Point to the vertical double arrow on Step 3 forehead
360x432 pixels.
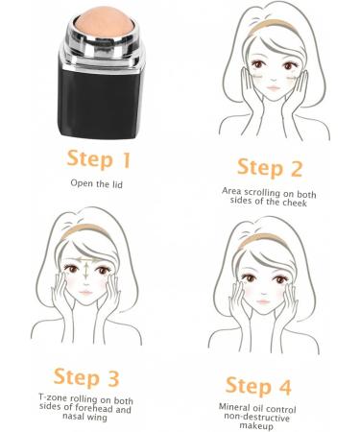tap(87, 268)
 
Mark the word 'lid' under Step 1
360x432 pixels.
tap(118, 181)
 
